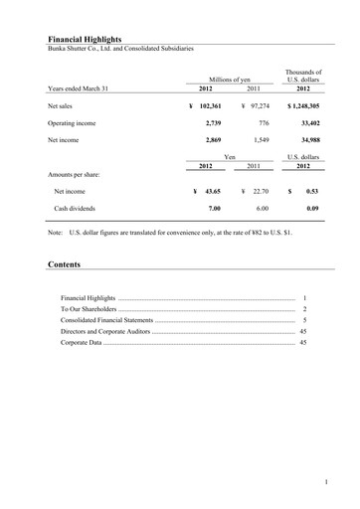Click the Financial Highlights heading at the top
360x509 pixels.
pos(85,38)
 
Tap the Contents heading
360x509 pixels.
pos(65,265)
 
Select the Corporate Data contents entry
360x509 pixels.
pos(82,342)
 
